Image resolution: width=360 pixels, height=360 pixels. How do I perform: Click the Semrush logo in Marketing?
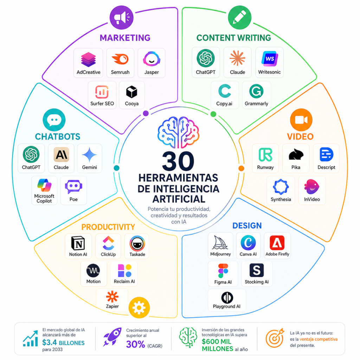tap(120, 59)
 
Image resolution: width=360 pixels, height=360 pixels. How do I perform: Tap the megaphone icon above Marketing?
tap(121, 18)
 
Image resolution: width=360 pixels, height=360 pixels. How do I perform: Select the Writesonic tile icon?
tap(270, 59)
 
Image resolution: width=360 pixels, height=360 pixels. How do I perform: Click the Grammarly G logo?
tap(256, 91)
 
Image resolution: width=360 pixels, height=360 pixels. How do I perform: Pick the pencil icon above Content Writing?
tap(239, 18)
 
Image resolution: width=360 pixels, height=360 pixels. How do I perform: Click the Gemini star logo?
tap(89, 155)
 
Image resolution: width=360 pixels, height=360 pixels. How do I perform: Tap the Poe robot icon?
tap(73, 187)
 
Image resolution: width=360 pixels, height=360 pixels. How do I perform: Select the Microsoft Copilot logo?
tap(44, 185)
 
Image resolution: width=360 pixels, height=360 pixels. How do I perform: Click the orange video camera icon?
tap(301, 120)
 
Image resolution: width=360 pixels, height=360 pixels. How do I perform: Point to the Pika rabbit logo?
tap(296, 155)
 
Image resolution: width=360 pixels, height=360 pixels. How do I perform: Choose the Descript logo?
tap(326, 154)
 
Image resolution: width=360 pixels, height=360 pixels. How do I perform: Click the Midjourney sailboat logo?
tap(220, 243)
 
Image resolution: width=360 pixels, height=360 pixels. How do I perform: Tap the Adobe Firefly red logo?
tap(277, 243)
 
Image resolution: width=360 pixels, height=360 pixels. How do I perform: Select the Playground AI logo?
tap(227, 297)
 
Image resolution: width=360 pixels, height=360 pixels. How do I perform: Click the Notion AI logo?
tap(78, 243)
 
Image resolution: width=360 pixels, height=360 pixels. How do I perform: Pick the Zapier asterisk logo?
tap(112, 297)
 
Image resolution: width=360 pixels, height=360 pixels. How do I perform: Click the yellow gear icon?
tap(139, 308)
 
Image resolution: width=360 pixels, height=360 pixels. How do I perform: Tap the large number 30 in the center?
tap(178, 161)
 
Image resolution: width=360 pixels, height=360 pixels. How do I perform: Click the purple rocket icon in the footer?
tap(112, 337)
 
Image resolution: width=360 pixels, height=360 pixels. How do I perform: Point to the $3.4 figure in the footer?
tap(49, 342)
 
